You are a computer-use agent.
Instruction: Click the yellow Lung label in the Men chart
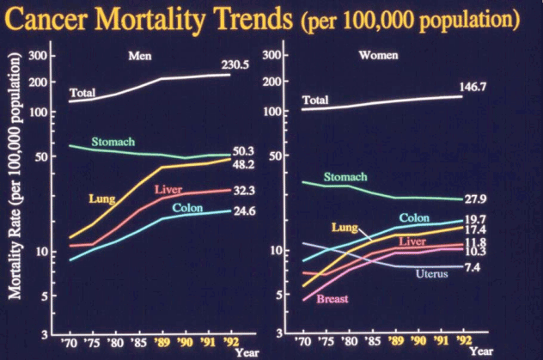click(x=103, y=199)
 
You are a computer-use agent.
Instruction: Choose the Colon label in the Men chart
click(x=187, y=208)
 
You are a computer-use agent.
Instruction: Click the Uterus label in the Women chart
click(x=431, y=274)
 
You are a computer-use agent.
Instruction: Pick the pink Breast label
click(x=332, y=298)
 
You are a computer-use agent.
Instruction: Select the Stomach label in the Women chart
click(x=345, y=177)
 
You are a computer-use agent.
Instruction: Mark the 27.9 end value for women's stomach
click(x=477, y=200)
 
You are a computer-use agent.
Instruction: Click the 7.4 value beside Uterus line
click(x=473, y=268)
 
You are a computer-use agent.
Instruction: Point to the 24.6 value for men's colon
click(x=246, y=211)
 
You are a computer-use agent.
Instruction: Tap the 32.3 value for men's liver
click(x=246, y=189)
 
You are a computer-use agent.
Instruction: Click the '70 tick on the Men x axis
click(x=71, y=342)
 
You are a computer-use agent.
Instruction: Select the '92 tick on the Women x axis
click(x=465, y=342)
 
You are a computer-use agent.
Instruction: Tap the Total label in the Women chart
click(x=315, y=101)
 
